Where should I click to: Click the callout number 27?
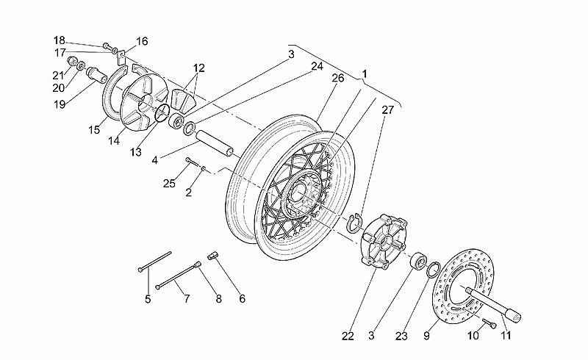pyautogui.click(x=388, y=110)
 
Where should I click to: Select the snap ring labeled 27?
pyautogui.click(x=353, y=223)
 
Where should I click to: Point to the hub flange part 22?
pyautogui.click(x=383, y=241)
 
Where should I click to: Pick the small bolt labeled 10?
pyautogui.click(x=490, y=323)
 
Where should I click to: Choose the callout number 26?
pyautogui.click(x=338, y=78)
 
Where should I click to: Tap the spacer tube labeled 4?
pyautogui.click(x=212, y=143)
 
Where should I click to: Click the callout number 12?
pyautogui.click(x=199, y=68)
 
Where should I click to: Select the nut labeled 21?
pyautogui.click(x=71, y=61)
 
